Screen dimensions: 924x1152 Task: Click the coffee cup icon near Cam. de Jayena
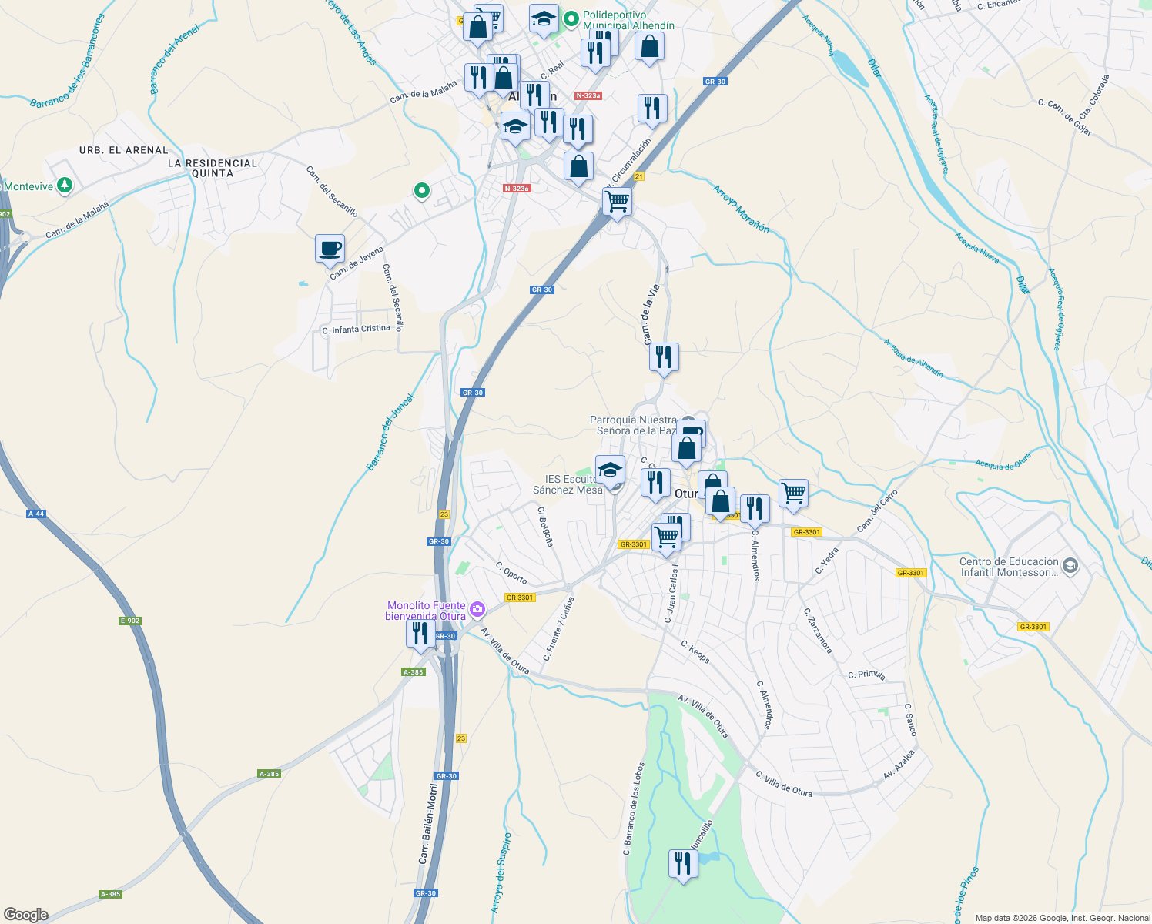pyautogui.click(x=330, y=249)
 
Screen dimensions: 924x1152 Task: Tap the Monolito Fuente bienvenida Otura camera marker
pyautogui.click(x=477, y=611)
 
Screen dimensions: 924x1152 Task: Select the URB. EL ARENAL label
pyautogui.click(x=123, y=150)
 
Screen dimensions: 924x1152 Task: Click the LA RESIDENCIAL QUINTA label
pyautogui.click(x=213, y=168)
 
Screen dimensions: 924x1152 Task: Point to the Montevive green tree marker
pyautogui.click(x=65, y=186)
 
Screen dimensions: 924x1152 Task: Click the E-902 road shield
pyautogui.click(x=130, y=621)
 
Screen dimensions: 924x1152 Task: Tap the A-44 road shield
pyautogui.click(x=36, y=514)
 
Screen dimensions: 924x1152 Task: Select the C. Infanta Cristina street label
pyautogui.click(x=356, y=330)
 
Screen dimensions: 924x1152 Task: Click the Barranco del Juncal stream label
pyautogui.click(x=390, y=432)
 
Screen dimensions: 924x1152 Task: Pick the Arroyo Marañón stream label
pyautogui.click(x=741, y=209)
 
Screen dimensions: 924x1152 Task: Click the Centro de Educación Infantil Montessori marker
pyautogui.click(x=1070, y=567)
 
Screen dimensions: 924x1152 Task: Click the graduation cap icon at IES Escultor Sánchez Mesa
pyautogui.click(x=610, y=470)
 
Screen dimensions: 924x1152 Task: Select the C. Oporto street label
pyautogui.click(x=511, y=574)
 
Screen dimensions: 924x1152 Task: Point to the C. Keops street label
pyautogui.click(x=695, y=651)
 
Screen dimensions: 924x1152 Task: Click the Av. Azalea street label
pyautogui.click(x=899, y=765)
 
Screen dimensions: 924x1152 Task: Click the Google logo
pyautogui.click(x=25, y=915)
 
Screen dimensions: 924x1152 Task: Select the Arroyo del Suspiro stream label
pyautogui.click(x=501, y=873)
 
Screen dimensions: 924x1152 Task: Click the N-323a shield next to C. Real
pyautogui.click(x=588, y=95)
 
